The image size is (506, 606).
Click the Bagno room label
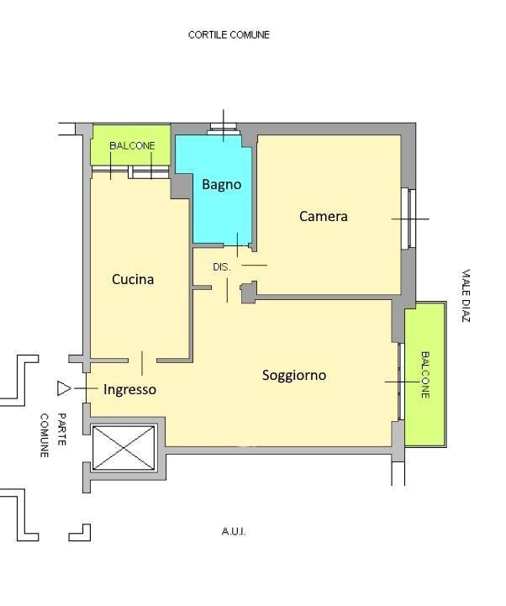[222, 185]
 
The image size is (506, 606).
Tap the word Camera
[323, 216]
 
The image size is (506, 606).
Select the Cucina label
[133, 279]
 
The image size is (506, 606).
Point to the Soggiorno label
[294, 375]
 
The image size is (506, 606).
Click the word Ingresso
[130, 390]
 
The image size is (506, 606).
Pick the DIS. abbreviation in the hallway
[222, 266]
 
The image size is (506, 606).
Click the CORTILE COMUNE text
[229, 34]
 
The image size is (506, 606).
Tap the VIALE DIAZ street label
[466, 296]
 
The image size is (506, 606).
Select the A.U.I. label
[234, 532]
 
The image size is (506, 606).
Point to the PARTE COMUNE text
[53, 435]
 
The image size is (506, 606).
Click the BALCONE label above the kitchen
[132, 145]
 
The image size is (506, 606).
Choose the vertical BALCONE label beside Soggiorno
[425, 375]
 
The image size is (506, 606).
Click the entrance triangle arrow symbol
[63, 388]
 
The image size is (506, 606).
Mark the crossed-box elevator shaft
[124, 448]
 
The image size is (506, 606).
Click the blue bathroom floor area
[222, 201]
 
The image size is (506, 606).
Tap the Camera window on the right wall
[408, 219]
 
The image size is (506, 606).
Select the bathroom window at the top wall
[224, 129]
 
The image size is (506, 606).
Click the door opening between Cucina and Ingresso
[142, 361]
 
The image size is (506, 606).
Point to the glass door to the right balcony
[400, 382]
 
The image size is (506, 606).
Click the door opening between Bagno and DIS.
[237, 245]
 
